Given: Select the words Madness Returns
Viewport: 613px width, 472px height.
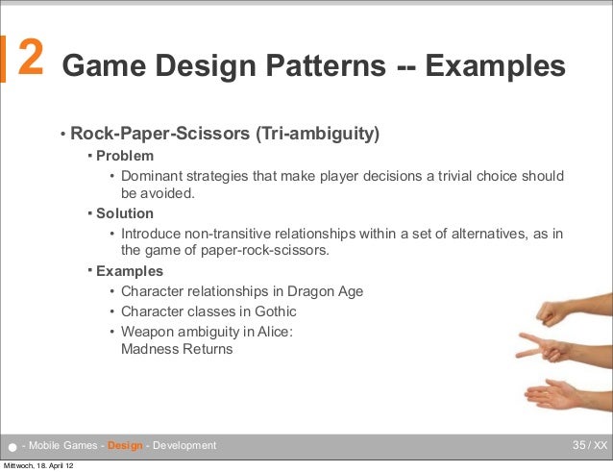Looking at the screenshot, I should tap(177, 349).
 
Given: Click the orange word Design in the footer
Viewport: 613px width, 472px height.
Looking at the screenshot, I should tap(127, 445).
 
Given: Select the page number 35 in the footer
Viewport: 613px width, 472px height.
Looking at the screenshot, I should tap(579, 445).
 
